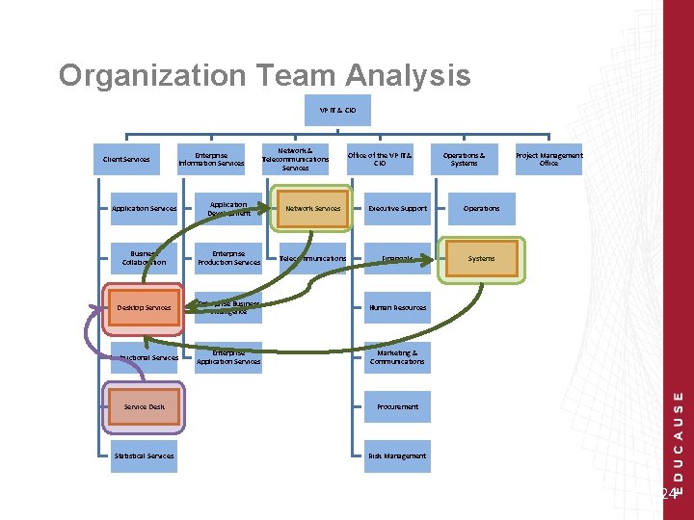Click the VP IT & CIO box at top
click(x=336, y=111)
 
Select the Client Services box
click(x=126, y=159)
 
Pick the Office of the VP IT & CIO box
click(x=380, y=159)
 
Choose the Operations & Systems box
click(x=464, y=159)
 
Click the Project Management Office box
click(x=548, y=159)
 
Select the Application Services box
click(x=144, y=209)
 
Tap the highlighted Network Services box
click(x=312, y=209)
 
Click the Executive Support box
click(x=397, y=209)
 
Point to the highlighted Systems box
click(x=481, y=258)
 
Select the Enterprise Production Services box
click(x=228, y=258)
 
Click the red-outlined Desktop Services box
click(x=144, y=308)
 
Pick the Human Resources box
click(x=397, y=308)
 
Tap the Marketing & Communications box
click(x=397, y=357)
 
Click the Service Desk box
click(x=144, y=406)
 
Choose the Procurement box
click(x=397, y=406)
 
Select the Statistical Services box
click(x=144, y=455)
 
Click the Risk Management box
click(x=397, y=455)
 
